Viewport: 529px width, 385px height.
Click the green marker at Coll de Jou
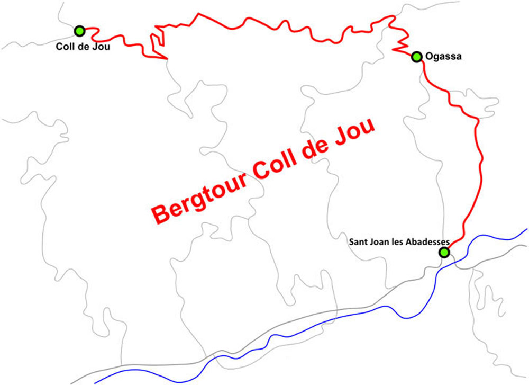click(x=80, y=31)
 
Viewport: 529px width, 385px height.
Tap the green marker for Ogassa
click(x=417, y=57)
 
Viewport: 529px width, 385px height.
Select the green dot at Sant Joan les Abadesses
click(x=444, y=253)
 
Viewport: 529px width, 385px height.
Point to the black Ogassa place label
click(x=444, y=57)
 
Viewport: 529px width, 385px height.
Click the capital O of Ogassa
click(x=430, y=57)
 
